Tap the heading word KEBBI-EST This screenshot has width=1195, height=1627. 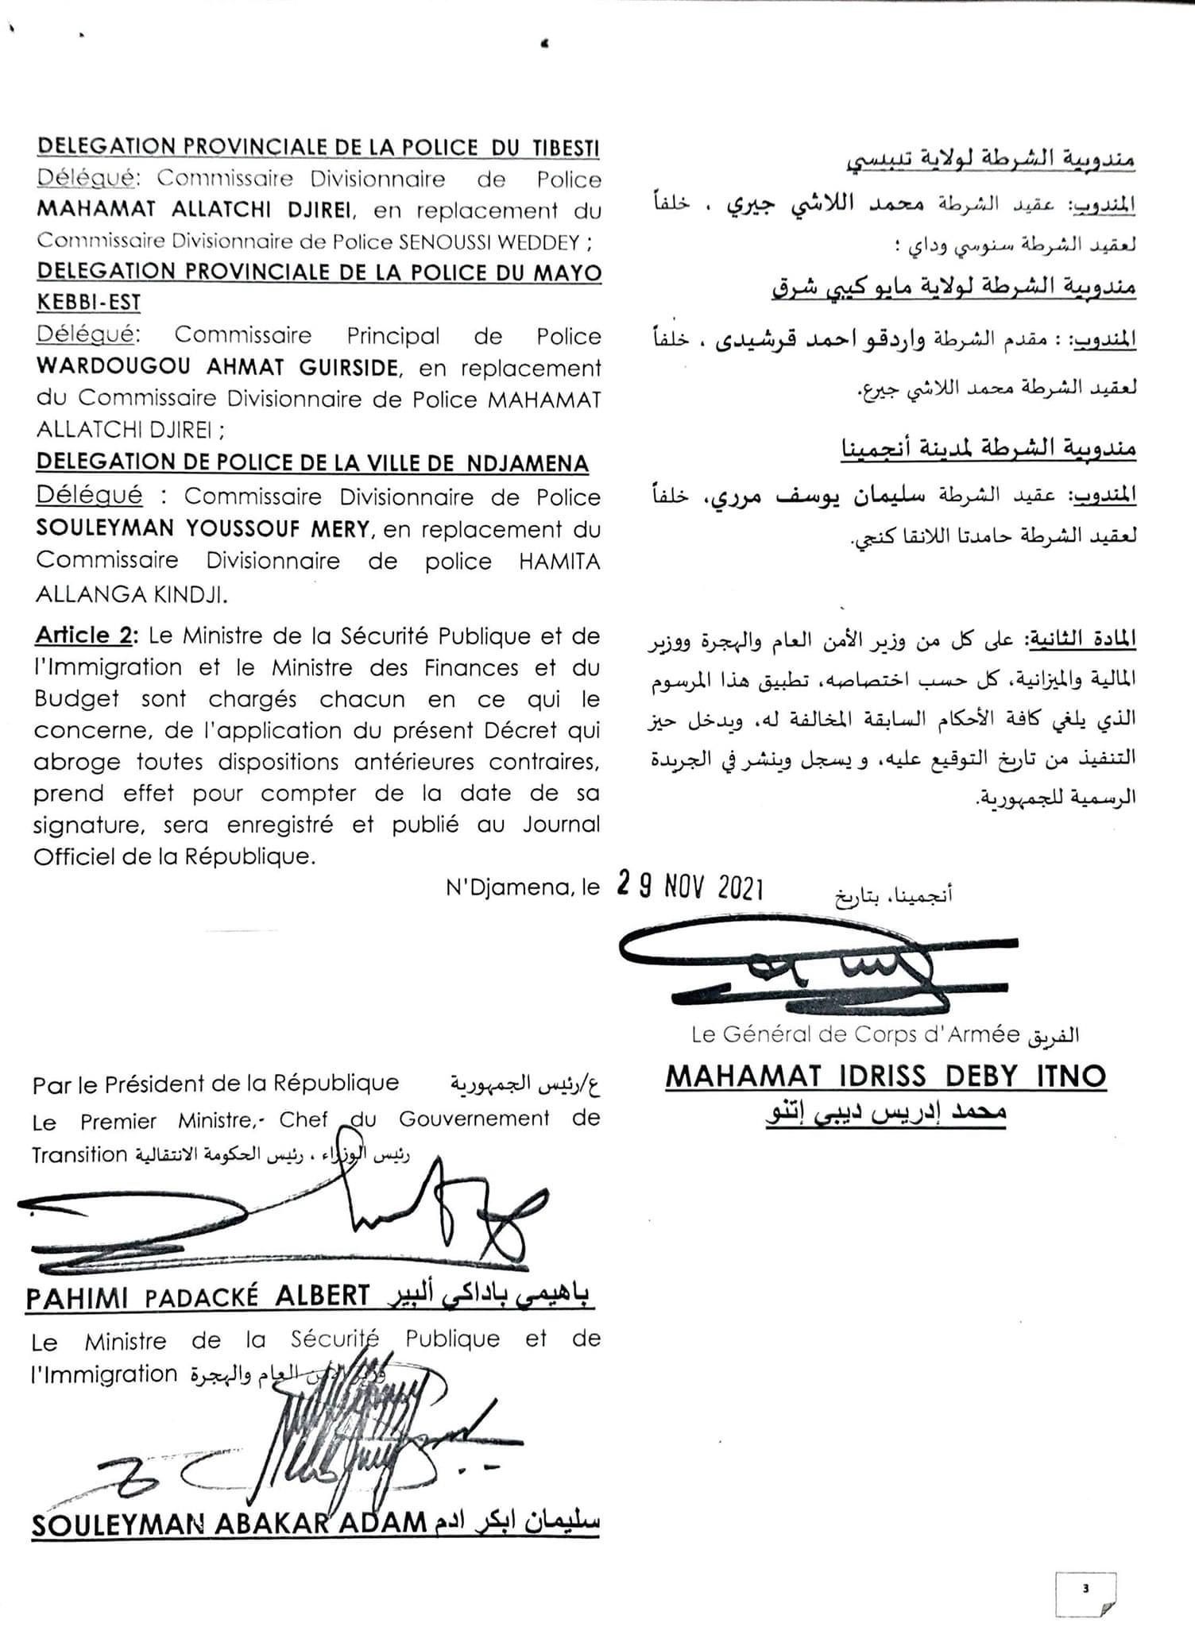[x=88, y=303]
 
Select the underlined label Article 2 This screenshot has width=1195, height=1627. [x=85, y=636]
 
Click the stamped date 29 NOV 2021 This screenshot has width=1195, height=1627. [x=690, y=887]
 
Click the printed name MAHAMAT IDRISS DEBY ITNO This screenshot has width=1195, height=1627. [x=886, y=1076]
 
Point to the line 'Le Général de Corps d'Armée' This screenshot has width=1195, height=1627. [x=855, y=1034]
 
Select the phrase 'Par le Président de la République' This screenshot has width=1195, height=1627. [x=215, y=1084]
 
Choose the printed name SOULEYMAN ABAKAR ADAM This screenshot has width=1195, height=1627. [x=230, y=1522]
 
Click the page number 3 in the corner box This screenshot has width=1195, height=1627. [x=1085, y=1588]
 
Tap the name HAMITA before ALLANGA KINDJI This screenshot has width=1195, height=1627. [x=559, y=562]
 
